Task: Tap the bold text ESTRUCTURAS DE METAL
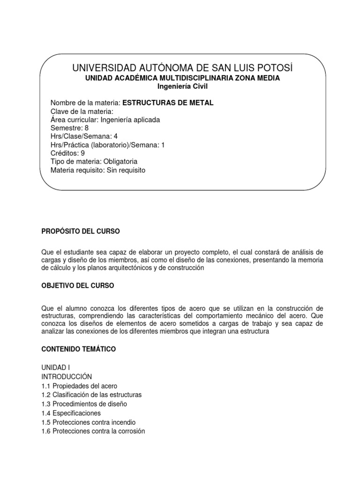coord(167,103)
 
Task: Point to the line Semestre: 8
coord(69,128)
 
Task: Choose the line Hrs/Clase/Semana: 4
coord(83,136)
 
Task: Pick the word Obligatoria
coord(117,162)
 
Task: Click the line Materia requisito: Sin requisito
coord(98,170)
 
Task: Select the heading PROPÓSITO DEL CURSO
coord(81,232)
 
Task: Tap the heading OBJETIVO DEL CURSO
coord(77,285)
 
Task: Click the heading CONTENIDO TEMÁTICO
coord(78,349)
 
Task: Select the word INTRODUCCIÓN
coord(67,377)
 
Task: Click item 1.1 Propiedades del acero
coord(76,386)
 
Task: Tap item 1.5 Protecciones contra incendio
coord(88,422)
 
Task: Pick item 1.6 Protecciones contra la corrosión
coord(93,431)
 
